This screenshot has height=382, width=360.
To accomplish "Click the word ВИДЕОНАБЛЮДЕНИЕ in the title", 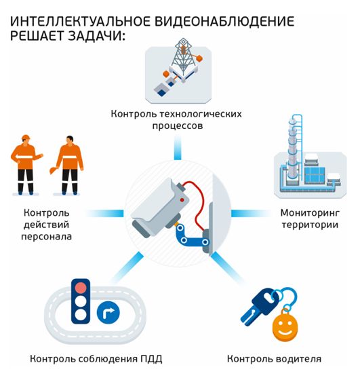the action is [224, 22].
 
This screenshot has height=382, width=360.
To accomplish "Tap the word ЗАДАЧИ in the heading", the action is [97, 36].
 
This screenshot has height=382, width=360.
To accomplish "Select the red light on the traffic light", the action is [81, 288].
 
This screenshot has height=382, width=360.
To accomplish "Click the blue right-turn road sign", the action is [108, 312].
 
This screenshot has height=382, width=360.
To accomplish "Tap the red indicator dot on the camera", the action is [182, 200].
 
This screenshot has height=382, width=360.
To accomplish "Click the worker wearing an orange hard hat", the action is [26, 165].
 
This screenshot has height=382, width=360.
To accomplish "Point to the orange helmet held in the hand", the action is [54, 170].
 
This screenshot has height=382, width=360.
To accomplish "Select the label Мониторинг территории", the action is [310, 218].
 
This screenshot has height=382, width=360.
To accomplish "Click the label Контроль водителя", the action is [274, 359].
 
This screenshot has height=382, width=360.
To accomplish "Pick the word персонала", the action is [47, 237].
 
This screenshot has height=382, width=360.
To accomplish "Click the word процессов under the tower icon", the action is [178, 126].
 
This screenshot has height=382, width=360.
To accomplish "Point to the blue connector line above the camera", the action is [178, 148].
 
